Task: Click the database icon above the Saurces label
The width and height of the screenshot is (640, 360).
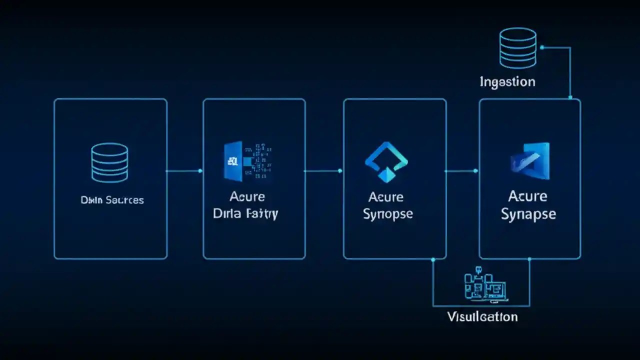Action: tap(109, 162)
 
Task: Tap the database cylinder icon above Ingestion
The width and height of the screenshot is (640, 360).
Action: tap(518, 48)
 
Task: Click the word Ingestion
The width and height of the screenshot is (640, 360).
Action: tap(507, 82)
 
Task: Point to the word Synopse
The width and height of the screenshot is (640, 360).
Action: tap(388, 214)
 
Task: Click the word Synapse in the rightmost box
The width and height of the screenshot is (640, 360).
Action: tap(528, 214)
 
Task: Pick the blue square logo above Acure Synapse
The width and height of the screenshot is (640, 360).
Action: tap(530, 161)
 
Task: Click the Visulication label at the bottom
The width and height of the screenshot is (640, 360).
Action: tap(482, 316)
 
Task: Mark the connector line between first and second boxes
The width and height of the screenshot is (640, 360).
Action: tap(183, 171)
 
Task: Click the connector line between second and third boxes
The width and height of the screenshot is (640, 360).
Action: tap(322, 171)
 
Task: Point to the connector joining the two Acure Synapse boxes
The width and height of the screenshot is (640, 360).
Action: tap(461, 171)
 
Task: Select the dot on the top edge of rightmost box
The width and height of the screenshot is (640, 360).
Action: tap(570, 98)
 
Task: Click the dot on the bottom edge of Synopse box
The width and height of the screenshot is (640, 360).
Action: tap(433, 259)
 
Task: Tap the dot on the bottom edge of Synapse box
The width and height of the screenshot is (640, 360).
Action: tap(529, 259)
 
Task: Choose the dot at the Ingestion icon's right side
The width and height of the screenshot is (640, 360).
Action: tap(542, 47)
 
